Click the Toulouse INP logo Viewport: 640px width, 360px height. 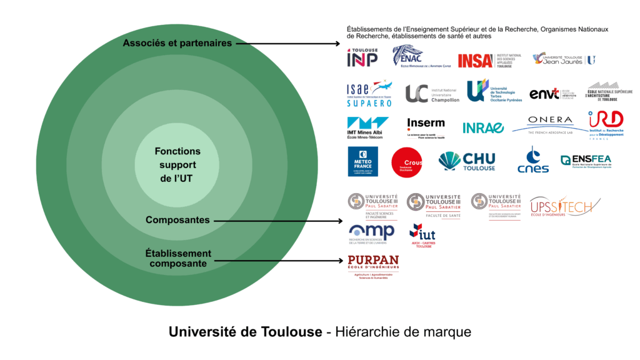click(362, 57)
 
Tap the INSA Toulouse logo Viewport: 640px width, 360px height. click(484, 59)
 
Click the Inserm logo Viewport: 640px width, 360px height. click(426, 126)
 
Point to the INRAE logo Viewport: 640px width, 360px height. click(483, 127)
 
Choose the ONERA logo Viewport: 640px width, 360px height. click(549, 123)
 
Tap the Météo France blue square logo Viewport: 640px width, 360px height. click(362, 162)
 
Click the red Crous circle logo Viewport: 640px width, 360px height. click(406, 162)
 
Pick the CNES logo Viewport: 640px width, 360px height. click(533, 161)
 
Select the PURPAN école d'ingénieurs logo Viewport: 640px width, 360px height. click(373, 266)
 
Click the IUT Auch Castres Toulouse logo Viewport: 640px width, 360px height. click(422, 236)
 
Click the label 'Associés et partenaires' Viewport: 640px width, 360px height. click(177, 43)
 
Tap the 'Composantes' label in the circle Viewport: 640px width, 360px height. click(177, 220)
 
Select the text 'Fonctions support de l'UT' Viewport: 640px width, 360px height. click(178, 165)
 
